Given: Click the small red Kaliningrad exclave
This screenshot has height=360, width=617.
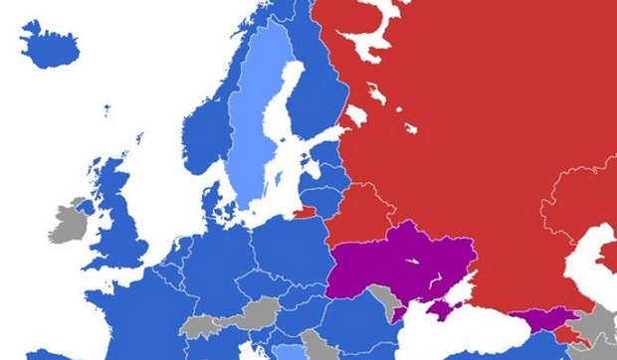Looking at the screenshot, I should click(305, 210).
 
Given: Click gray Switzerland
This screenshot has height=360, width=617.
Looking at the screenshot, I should click(200, 325).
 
